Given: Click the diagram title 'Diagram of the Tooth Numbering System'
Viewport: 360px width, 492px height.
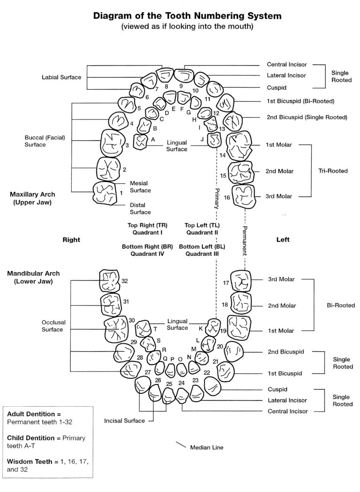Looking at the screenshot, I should coord(187,16).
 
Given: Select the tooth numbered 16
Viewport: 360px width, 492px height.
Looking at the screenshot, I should coord(246,196).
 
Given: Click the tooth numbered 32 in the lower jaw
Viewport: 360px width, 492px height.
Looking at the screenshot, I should coord(109,281).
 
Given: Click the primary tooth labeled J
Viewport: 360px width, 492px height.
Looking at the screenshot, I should coord(215,139).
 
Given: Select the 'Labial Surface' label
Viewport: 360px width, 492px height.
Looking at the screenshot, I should coord(61,77).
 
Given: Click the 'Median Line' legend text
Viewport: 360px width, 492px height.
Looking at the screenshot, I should coord(207,447).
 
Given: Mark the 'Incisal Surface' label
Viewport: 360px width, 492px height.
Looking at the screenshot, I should coord(125,421).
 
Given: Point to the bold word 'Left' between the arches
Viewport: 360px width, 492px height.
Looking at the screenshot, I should coord(283,239).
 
